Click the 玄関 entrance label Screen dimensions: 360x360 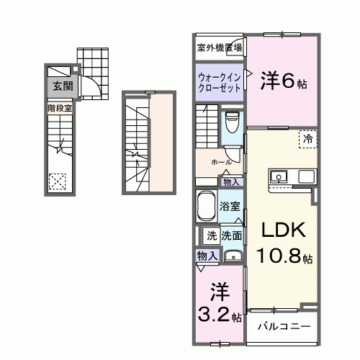tap(60, 86)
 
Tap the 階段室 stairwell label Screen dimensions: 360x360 tap(60, 108)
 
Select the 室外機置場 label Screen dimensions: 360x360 tap(220, 48)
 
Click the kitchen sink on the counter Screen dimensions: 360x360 tap(279, 177)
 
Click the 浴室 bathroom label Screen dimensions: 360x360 tap(230, 205)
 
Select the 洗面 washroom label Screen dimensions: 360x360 tap(231, 235)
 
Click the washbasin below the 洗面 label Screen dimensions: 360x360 tap(232, 256)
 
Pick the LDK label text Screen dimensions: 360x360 tap(283, 230)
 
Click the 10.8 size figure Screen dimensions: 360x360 tap(279, 256)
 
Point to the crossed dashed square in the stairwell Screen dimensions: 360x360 tap(57, 183)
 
